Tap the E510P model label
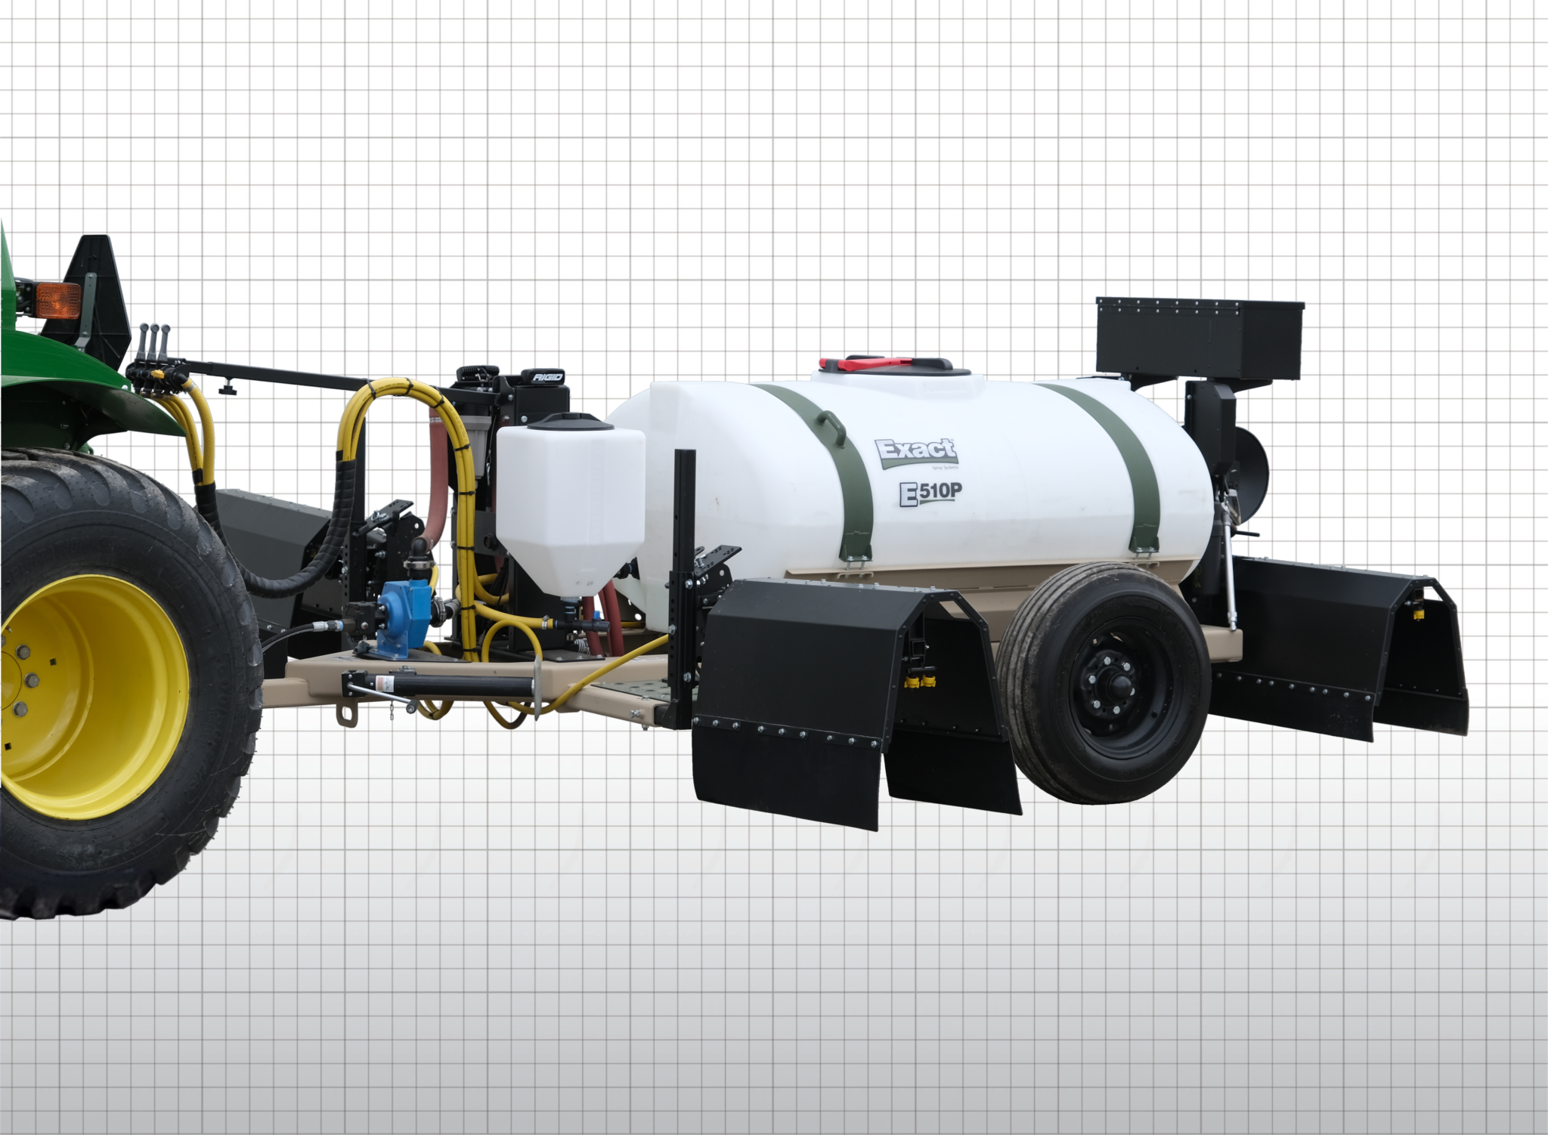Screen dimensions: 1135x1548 pos(930,493)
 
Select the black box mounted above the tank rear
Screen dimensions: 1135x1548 pos(1200,339)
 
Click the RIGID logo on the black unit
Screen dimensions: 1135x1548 pos(548,376)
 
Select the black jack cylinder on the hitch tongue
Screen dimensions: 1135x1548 pos(454,685)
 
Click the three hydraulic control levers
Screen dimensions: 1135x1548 pos(154,344)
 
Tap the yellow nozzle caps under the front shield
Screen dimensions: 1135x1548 pos(919,682)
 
